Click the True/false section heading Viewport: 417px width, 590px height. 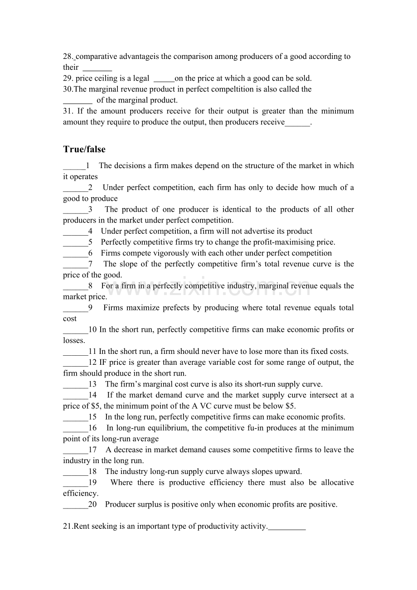84,149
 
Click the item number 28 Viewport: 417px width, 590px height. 68,57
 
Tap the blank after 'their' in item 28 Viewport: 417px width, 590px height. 97,68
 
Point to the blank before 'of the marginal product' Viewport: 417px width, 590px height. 78,100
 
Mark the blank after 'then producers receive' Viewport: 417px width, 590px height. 297,122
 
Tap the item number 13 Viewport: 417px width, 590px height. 92,384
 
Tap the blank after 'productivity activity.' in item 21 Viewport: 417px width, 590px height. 287,526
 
